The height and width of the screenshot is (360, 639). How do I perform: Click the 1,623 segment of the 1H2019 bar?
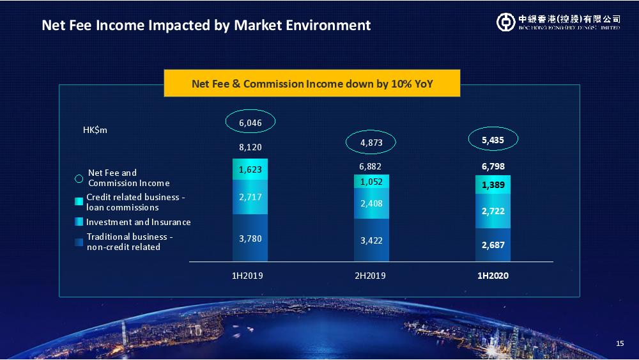click(x=250, y=169)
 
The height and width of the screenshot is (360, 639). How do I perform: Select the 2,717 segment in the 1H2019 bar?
click(x=250, y=197)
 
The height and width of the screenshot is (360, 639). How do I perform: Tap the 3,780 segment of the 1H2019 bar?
click(x=250, y=238)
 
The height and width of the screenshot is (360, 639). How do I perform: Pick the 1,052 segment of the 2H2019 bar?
click(x=371, y=182)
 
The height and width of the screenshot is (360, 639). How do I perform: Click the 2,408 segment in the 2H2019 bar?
click(x=371, y=203)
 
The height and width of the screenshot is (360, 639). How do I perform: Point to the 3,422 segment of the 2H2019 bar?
click(x=371, y=240)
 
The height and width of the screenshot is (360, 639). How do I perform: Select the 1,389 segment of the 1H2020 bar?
click(x=493, y=185)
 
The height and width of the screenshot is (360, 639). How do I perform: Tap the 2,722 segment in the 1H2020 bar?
click(x=493, y=211)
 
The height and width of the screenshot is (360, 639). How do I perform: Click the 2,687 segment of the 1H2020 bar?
click(x=493, y=245)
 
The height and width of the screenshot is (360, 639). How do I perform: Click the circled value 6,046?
click(x=250, y=123)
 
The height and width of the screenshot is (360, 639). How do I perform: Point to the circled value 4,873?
click(x=371, y=143)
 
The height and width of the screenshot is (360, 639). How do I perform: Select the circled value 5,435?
click(x=493, y=140)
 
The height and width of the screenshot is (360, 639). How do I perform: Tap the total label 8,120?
click(x=250, y=147)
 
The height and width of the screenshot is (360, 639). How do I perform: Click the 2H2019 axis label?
click(x=370, y=276)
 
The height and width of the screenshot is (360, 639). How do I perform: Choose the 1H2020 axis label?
click(x=493, y=276)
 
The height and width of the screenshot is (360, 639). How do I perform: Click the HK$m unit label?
click(x=95, y=130)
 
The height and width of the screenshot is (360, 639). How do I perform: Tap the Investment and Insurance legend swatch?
click(x=79, y=222)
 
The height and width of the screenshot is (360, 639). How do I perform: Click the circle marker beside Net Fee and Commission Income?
click(x=79, y=178)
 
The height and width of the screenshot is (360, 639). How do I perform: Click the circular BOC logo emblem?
click(x=505, y=22)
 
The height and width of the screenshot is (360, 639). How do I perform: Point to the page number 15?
click(x=620, y=343)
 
